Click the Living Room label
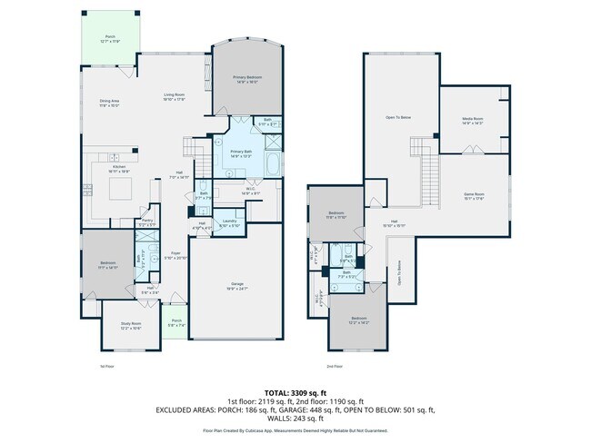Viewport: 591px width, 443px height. [x=175, y=94]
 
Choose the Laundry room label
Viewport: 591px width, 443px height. [x=229, y=222]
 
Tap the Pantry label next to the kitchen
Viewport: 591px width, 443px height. [x=146, y=221]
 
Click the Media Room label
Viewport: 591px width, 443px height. [x=472, y=119]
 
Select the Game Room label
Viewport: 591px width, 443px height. [x=472, y=195]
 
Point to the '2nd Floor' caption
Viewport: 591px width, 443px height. [x=336, y=366]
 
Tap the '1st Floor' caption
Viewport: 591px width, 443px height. [x=107, y=366]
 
